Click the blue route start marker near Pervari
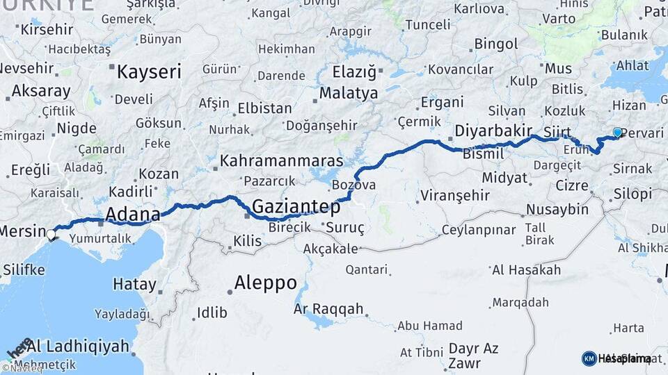617,133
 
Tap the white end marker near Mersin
51,235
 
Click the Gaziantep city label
296,206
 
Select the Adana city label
132,213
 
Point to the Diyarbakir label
493,131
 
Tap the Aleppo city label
265,283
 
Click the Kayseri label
148,71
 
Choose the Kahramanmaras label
281,161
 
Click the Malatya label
349,93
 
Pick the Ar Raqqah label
328,308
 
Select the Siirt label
557,131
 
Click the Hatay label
134,283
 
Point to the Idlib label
212,312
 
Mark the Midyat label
504,178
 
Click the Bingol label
496,44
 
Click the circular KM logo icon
589,358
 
